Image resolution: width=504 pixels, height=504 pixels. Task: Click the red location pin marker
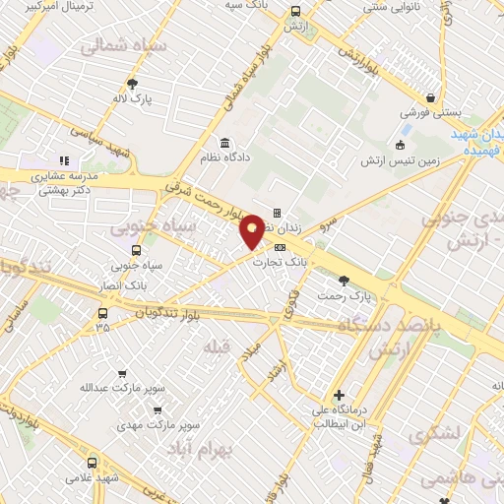253,230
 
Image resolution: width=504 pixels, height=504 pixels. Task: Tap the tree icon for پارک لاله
132,84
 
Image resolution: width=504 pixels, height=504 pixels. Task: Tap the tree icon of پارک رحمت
343,282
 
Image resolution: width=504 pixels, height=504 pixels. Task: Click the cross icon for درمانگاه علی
341,394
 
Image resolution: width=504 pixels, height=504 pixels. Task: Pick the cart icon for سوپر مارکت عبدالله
122,374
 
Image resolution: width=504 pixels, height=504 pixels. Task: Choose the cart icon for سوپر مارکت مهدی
157,409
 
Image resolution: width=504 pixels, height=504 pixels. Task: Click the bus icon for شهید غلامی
92,463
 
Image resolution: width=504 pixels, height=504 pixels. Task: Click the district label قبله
216,347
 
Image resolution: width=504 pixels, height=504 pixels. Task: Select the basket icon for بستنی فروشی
431,97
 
